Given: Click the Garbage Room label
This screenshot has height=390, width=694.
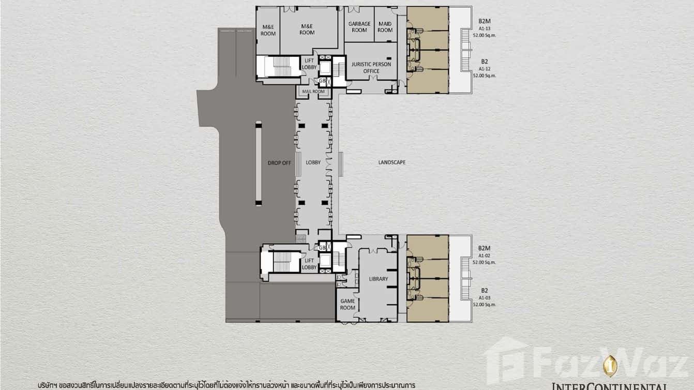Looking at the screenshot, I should tap(359, 27).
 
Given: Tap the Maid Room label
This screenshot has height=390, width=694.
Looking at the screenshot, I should tap(385, 27).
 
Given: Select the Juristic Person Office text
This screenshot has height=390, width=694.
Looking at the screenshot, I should tap(371, 68).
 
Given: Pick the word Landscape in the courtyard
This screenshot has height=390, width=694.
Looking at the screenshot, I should tap(391, 162).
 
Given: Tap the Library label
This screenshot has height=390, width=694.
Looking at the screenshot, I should tap(379, 279).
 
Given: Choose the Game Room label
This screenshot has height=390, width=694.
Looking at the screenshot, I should tap(347, 304).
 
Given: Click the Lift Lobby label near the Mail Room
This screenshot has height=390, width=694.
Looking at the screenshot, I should tap(309, 64).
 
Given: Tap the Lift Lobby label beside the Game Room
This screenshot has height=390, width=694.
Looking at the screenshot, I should tap(309, 264).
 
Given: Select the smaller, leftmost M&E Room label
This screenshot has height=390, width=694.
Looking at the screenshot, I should tap(268, 30).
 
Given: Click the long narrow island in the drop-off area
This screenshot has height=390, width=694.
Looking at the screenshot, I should tap(259, 163).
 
